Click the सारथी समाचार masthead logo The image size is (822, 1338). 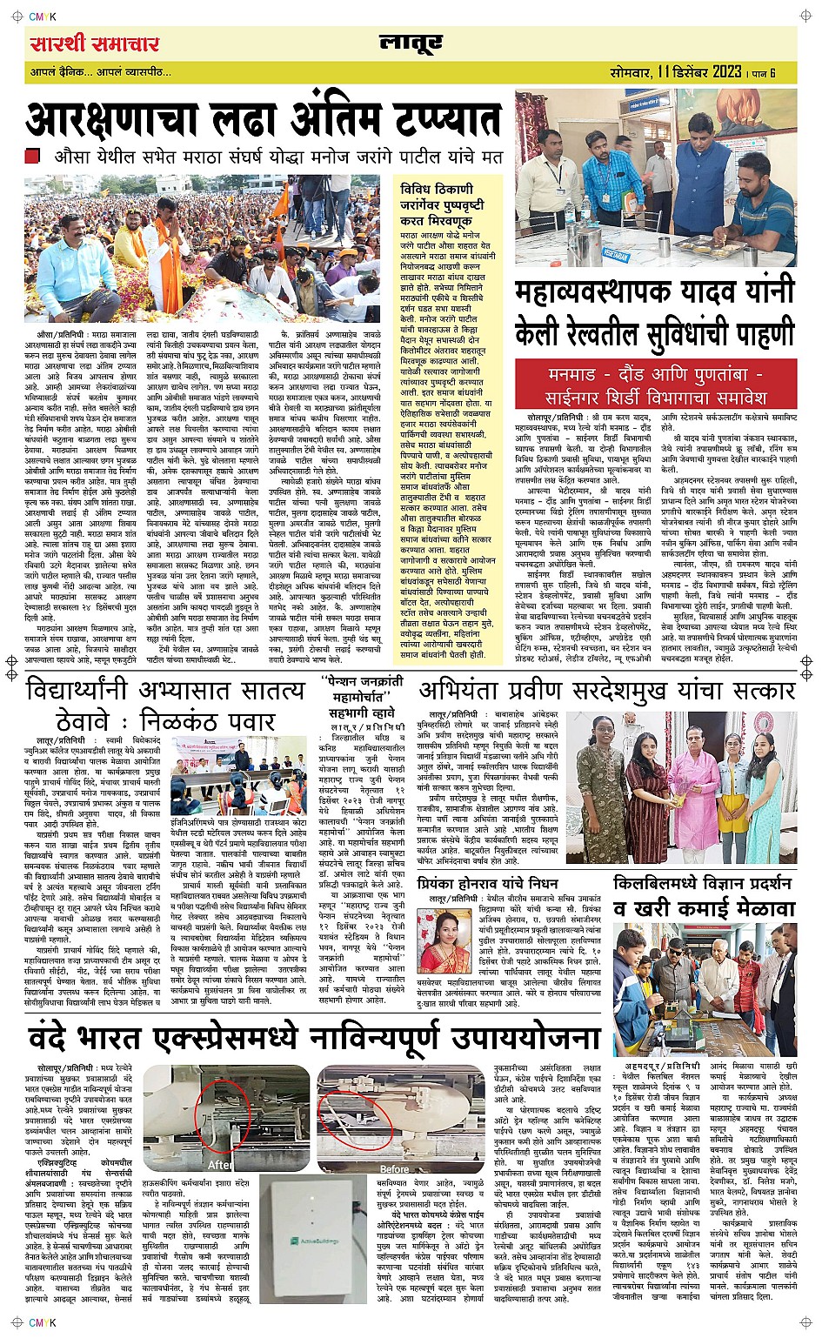click(94, 43)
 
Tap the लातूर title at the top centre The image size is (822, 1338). click(411, 43)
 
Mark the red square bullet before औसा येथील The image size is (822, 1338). click(32, 157)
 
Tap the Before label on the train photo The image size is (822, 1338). click(394, 1168)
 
